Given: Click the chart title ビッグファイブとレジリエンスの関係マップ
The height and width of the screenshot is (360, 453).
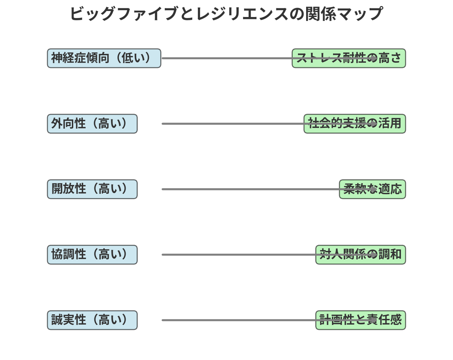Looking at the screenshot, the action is pyautogui.click(x=226, y=14).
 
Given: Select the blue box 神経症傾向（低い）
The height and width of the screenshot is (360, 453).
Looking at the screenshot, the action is pyautogui.click(x=104, y=58).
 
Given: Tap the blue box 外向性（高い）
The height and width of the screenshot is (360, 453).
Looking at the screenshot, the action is pyautogui.click(x=92, y=124).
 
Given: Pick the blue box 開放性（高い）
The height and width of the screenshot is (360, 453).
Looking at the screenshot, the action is pyautogui.click(x=92, y=189).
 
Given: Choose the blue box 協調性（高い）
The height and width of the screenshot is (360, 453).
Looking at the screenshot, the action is pyautogui.click(x=92, y=255).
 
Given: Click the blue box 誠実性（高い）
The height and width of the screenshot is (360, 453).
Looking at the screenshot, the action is pyautogui.click(x=92, y=320).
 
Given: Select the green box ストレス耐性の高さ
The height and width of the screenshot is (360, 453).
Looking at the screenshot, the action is pyautogui.click(x=349, y=58).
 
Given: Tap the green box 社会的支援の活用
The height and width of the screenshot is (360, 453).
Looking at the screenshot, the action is pyautogui.click(x=355, y=124).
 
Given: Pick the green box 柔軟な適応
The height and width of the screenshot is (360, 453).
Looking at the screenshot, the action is pyautogui.click(x=372, y=189).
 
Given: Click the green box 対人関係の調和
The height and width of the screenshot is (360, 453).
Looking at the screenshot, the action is pyautogui.click(x=361, y=255).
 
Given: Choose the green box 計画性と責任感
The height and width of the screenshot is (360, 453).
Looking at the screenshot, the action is pyautogui.click(x=361, y=320).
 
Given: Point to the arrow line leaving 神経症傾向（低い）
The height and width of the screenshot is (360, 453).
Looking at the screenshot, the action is pyautogui.click(x=269, y=58).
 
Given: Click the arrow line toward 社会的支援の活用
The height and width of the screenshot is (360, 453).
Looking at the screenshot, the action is pyautogui.click(x=269, y=124).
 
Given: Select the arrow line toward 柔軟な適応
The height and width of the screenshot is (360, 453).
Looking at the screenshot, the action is pyautogui.click(x=269, y=189).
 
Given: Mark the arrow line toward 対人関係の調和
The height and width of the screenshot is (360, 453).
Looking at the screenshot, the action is pyautogui.click(x=269, y=255).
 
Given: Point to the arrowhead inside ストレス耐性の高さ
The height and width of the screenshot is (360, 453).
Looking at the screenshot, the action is pyautogui.click(x=374, y=58).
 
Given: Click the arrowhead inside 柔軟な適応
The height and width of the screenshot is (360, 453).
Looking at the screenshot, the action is pyautogui.click(x=374, y=189).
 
